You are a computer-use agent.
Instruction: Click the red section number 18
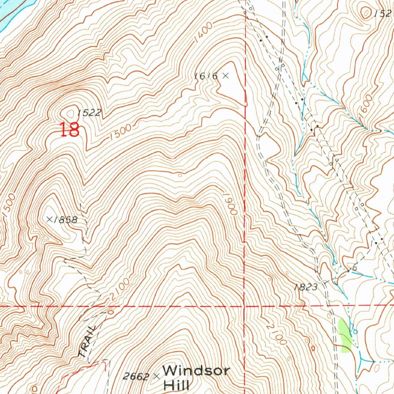coord(70,130)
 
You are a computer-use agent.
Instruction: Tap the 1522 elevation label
coord(89,113)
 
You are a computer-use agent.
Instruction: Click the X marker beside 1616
coord(225,76)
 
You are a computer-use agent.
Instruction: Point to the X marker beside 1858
coord(49,219)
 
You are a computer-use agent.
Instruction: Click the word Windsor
coord(196,371)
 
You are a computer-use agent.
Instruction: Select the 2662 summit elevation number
coord(136,376)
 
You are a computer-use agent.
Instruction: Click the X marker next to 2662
coord(156,376)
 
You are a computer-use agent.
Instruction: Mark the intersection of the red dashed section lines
coord(245,306)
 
